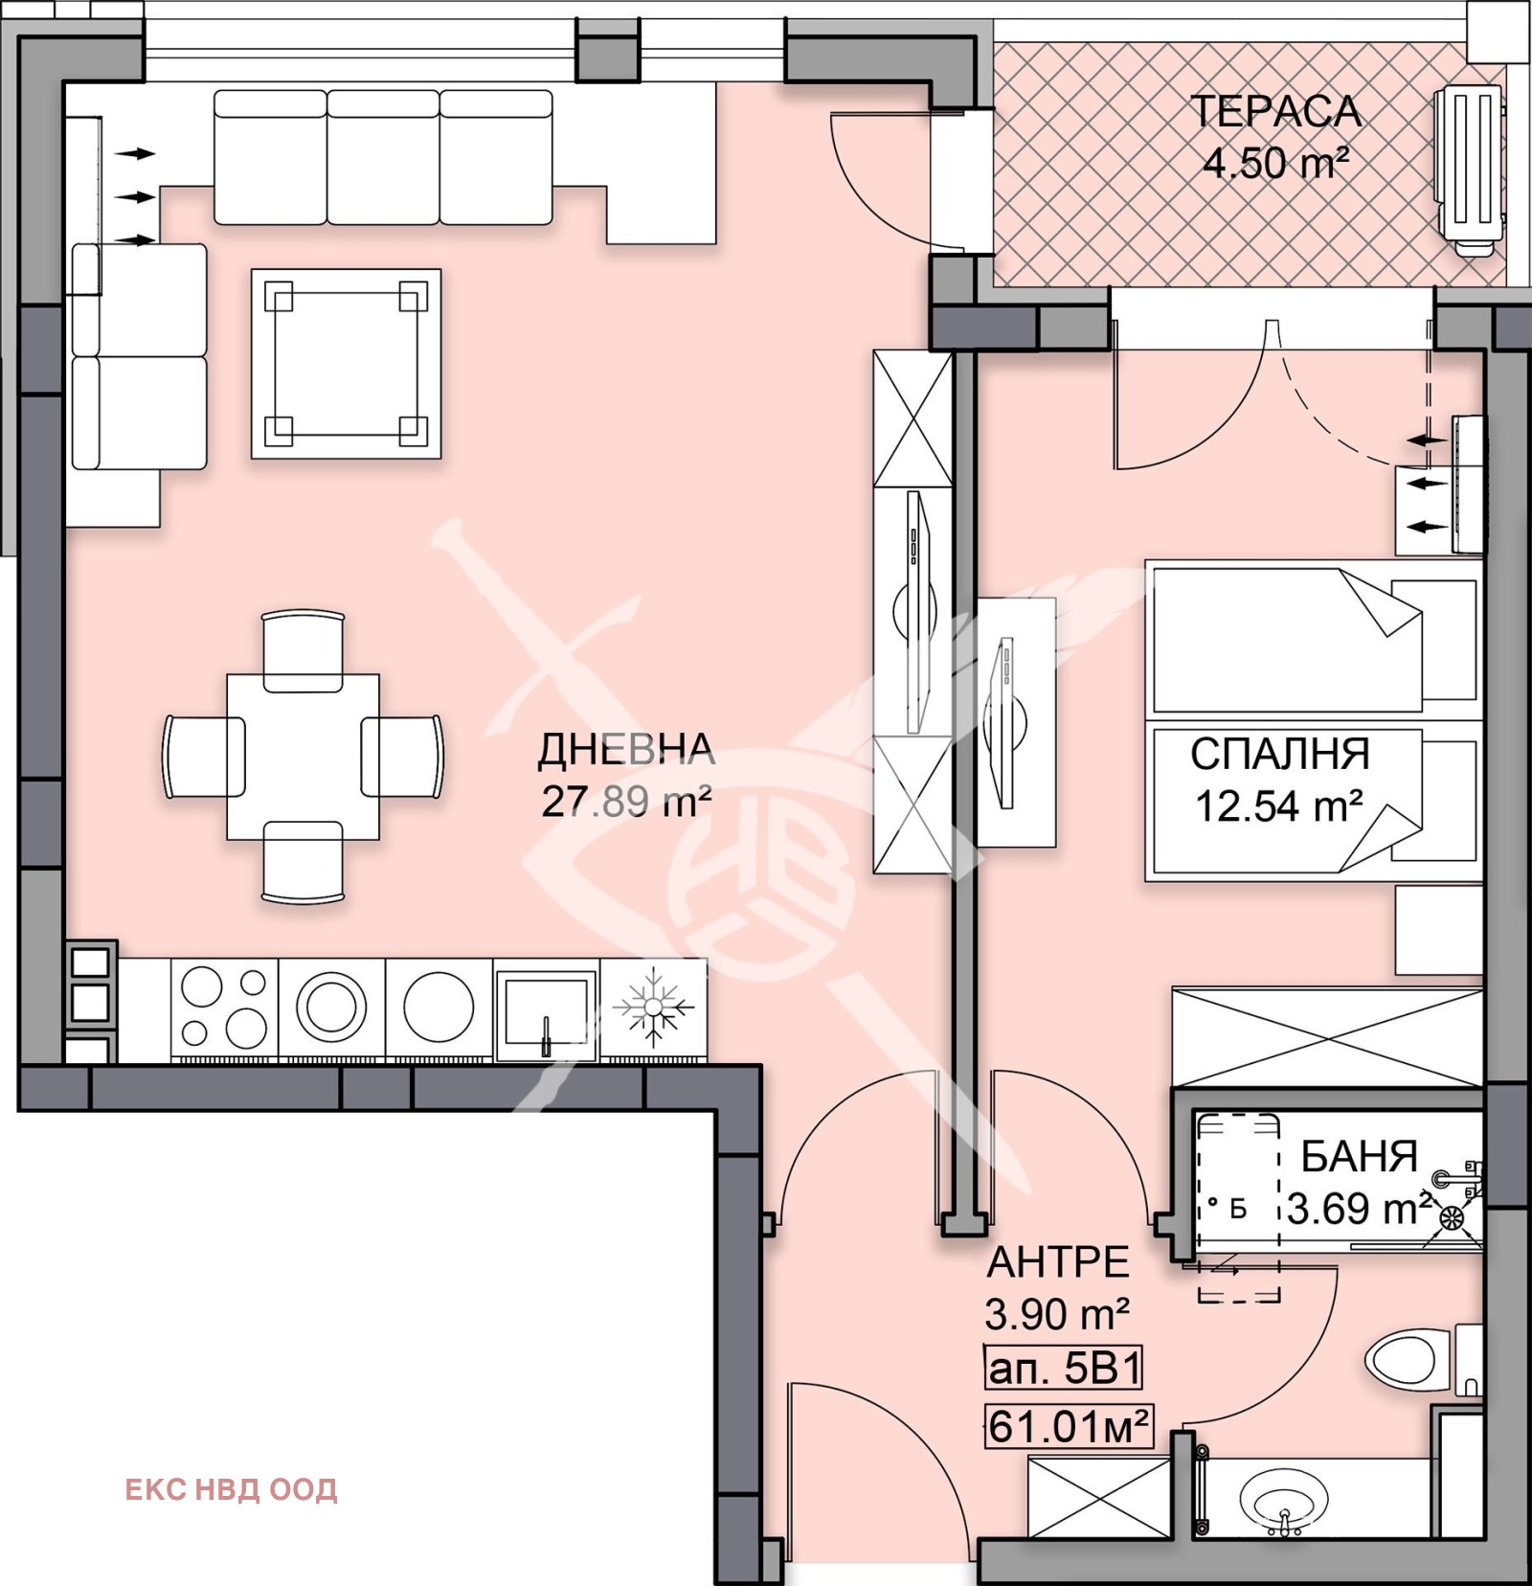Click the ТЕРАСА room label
click(x=1275, y=112)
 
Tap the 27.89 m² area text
click(x=626, y=801)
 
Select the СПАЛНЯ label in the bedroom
click(x=1280, y=755)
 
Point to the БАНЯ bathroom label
click(x=1359, y=1157)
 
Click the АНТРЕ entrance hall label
click(x=1058, y=1262)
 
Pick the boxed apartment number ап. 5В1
click(x=1064, y=1370)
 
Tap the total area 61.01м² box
click(x=1069, y=1427)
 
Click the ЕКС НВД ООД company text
click(x=231, y=1489)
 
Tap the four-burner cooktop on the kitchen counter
click(x=224, y=1008)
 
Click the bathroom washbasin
click(x=1283, y=1500)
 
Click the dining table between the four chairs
click(x=303, y=757)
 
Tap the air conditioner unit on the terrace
click(x=1468, y=171)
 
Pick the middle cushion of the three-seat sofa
click(x=383, y=157)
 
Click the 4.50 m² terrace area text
click(x=1275, y=163)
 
